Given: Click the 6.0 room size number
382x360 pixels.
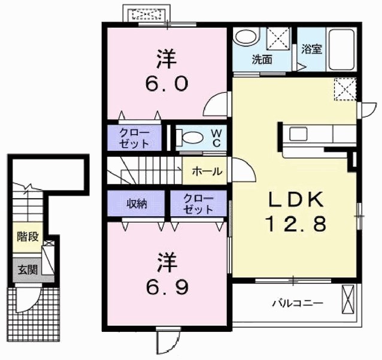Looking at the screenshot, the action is coord(167,83).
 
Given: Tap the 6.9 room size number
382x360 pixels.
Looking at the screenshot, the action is coord(168,287).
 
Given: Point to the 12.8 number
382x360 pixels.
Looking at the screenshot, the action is coord(296,224).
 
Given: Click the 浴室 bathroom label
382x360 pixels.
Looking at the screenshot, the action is coord(311,49).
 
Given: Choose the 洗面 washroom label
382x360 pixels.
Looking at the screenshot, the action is coord(262,59).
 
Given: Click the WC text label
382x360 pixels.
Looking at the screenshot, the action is coord(216,138).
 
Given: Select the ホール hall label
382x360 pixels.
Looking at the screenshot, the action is coord(207,171).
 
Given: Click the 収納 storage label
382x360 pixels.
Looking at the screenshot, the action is coord(137,204).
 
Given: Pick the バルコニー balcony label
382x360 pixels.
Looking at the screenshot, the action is coord(298,304).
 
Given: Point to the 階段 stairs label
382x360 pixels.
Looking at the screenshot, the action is coord(28,237).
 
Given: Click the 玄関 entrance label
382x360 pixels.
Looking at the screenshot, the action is coord(28,270).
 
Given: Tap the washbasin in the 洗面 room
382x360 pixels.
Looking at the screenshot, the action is coord(245,38).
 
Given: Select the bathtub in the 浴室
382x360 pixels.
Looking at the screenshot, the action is coord(341,50).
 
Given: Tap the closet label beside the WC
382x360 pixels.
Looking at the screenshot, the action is coord(134,138).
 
